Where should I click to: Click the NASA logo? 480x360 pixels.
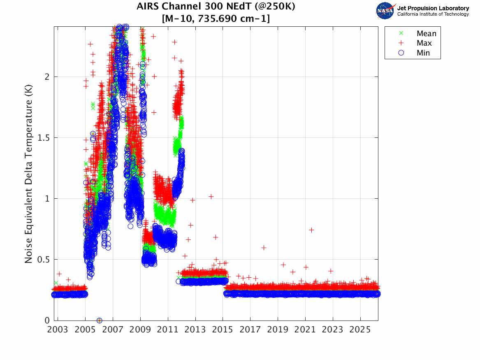tap(385, 11)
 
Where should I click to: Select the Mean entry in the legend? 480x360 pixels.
tap(426, 34)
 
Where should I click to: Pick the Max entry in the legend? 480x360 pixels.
tap(424, 43)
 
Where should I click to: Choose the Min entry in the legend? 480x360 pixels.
tap(423, 53)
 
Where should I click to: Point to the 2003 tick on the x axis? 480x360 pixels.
tap(58, 330)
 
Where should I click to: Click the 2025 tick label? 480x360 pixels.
tap(360, 330)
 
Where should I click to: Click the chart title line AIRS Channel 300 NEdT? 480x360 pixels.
tap(216, 7)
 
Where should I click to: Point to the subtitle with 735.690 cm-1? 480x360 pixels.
tap(216, 19)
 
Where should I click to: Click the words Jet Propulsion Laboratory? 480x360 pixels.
tap(433, 8)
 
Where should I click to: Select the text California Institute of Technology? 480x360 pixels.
tap(433, 14)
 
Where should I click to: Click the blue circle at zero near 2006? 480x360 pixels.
tap(99, 320)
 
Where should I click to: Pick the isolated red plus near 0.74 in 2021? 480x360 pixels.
tap(311, 230)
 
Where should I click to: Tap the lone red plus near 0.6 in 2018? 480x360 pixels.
tap(264, 248)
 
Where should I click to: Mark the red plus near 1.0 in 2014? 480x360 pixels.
tap(211, 197)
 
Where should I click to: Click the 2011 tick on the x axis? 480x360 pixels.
tap(168, 330)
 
